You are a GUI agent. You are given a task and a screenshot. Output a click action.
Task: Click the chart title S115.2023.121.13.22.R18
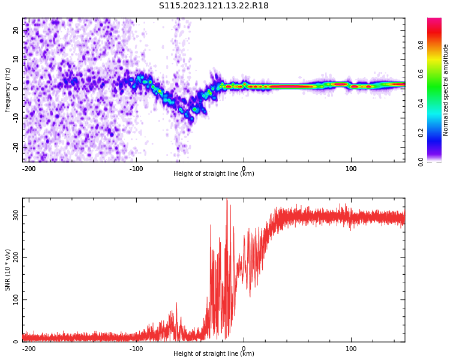click(214, 6)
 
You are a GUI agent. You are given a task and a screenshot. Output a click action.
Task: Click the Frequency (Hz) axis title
click(8, 90)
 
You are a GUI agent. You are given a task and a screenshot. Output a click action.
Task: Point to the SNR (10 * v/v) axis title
click(8, 270)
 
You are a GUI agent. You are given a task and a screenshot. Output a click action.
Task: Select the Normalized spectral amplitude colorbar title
click(446, 90)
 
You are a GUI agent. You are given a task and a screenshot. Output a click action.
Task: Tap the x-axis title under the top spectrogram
click(214, 174)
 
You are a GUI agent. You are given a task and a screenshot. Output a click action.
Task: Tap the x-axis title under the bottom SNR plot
click(214, 354)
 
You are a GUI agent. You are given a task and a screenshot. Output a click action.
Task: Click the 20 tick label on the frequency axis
click(16, 30)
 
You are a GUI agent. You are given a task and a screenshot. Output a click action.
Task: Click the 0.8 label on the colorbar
click(421, 45)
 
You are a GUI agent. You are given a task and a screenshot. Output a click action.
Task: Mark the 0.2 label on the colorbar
click(421, 133)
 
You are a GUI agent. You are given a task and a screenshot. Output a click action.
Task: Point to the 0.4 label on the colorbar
click(421, 103)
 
